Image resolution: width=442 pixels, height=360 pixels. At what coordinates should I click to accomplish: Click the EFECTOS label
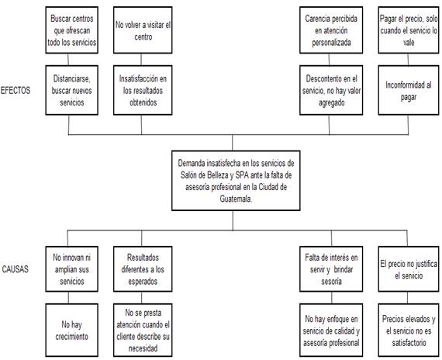point(16,90)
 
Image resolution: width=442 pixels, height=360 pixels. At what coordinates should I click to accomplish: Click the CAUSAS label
point(16,269)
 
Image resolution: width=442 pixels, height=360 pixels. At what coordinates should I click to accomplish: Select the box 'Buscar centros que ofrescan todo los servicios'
point(72,30)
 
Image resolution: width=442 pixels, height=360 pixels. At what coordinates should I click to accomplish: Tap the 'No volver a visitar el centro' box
point(143,30)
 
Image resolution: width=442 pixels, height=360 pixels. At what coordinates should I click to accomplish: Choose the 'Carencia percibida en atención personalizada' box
point(331,30)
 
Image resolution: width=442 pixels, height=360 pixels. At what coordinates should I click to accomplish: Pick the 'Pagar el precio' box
point(409,30)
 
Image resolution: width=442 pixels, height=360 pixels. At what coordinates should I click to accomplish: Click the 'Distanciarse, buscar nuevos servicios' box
point(72,90)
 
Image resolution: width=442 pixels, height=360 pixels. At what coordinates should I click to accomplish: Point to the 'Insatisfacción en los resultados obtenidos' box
point(143,90)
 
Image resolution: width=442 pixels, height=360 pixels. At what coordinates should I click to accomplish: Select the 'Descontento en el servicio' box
point(331,90)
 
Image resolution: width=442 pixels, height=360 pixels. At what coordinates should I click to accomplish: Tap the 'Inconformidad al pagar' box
point(409,90)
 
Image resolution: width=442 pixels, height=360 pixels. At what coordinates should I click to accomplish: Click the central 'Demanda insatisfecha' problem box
point(236,181)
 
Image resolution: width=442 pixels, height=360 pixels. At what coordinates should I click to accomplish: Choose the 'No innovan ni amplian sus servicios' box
point(72,269)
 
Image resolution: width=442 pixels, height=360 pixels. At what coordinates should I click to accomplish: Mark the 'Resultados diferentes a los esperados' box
point(143,269)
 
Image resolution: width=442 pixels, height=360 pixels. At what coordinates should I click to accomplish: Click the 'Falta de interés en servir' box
point(331,269)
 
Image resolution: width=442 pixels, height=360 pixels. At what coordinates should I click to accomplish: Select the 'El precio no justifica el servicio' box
point(409,269)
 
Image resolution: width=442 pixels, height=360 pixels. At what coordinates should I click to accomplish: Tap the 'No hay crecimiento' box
point(72,330)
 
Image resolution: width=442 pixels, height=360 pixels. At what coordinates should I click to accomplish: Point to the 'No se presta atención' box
point(143,330)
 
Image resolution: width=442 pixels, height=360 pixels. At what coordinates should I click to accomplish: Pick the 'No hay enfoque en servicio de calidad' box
point(331,330)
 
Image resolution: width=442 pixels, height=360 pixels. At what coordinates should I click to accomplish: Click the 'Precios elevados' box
point(409,330)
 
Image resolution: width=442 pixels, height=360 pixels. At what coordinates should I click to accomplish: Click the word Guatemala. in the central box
point(236,199)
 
